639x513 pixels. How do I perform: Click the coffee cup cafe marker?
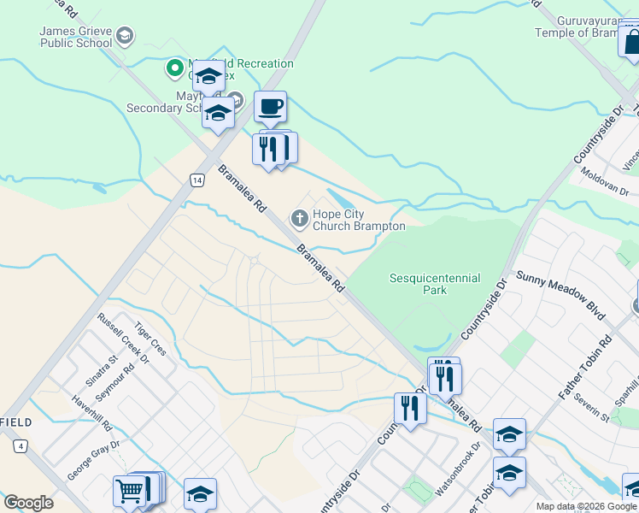270,108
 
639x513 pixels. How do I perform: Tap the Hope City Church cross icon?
299,219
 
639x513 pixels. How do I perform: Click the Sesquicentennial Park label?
435,284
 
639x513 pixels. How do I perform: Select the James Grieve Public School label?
75,37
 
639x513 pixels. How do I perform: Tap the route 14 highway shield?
197,180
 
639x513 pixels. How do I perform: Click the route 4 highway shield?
20,445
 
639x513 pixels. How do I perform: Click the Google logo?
28,502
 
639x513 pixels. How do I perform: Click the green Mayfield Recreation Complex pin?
175,65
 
